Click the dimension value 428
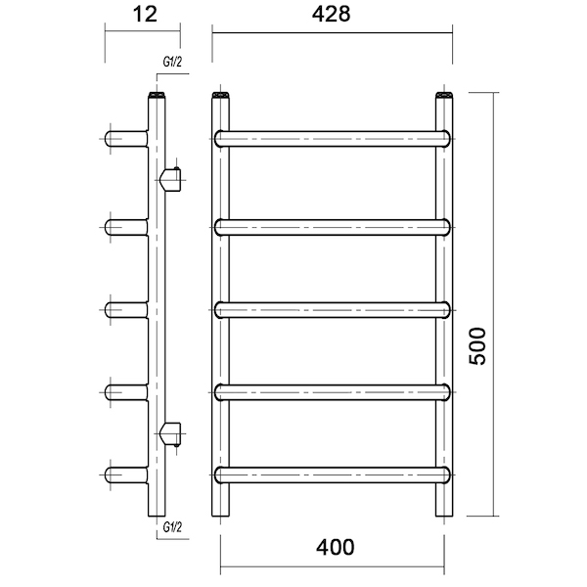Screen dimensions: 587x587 coord(332,15)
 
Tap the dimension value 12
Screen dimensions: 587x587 coord(145,15)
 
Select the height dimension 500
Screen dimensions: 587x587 coord(477,346)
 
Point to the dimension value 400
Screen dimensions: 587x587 coord(335,547)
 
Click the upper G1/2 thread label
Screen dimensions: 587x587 coord(172,62)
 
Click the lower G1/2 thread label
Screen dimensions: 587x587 coord(172,527)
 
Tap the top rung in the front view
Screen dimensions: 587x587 coord(332,139)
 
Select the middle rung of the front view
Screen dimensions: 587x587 coord(332,310)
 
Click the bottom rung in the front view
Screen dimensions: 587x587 coord(332,474)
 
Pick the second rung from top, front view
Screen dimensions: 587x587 coord(332,227)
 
